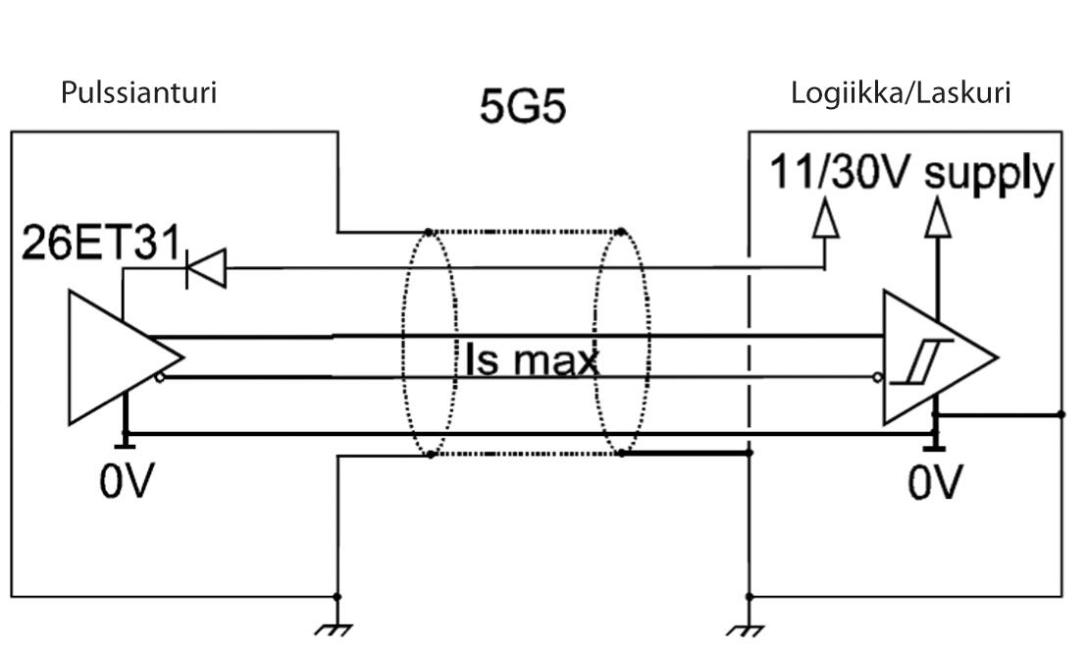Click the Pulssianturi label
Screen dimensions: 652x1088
[138, 93]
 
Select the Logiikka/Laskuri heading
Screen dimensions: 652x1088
[901, 93]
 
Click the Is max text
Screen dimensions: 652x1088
[530, 361]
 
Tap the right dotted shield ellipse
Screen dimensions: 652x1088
[621, 344]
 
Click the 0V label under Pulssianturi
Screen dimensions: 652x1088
[127, 482]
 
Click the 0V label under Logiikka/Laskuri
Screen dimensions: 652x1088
[935, 482]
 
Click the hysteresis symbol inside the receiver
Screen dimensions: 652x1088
[911, 366]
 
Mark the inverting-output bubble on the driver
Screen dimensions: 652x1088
[160, 375]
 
